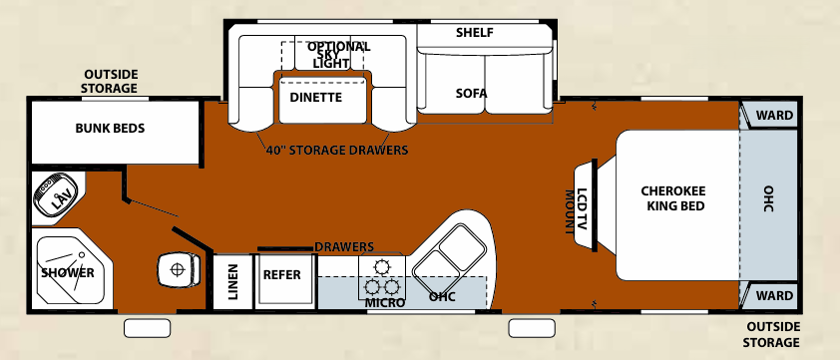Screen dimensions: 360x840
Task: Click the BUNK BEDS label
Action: tap(111, 129)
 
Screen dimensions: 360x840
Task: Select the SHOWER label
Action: tap(67, 272)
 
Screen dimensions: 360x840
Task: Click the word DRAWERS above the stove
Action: tap(343, 246)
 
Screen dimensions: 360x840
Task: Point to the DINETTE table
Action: tap(315, 98)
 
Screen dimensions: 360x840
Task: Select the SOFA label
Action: tap(471, 94)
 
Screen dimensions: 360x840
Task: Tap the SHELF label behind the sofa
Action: tap(475, 33)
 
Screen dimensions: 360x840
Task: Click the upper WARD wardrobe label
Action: tap(774, 116)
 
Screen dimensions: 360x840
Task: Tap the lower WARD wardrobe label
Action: tap(774, 295)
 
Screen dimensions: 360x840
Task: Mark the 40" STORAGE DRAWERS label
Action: tap(336, 152)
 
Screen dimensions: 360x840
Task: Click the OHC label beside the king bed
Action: tap(768, 199)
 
